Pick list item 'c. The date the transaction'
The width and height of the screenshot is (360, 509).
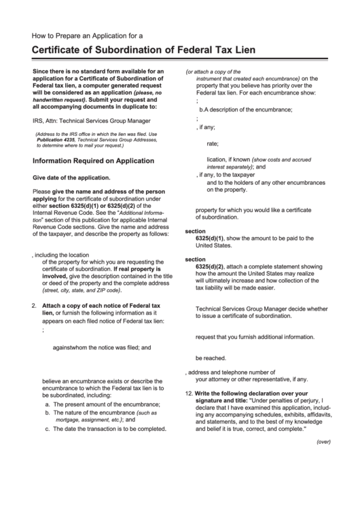click(105, 429)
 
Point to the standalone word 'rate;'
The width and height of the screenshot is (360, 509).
click(213, 143)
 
